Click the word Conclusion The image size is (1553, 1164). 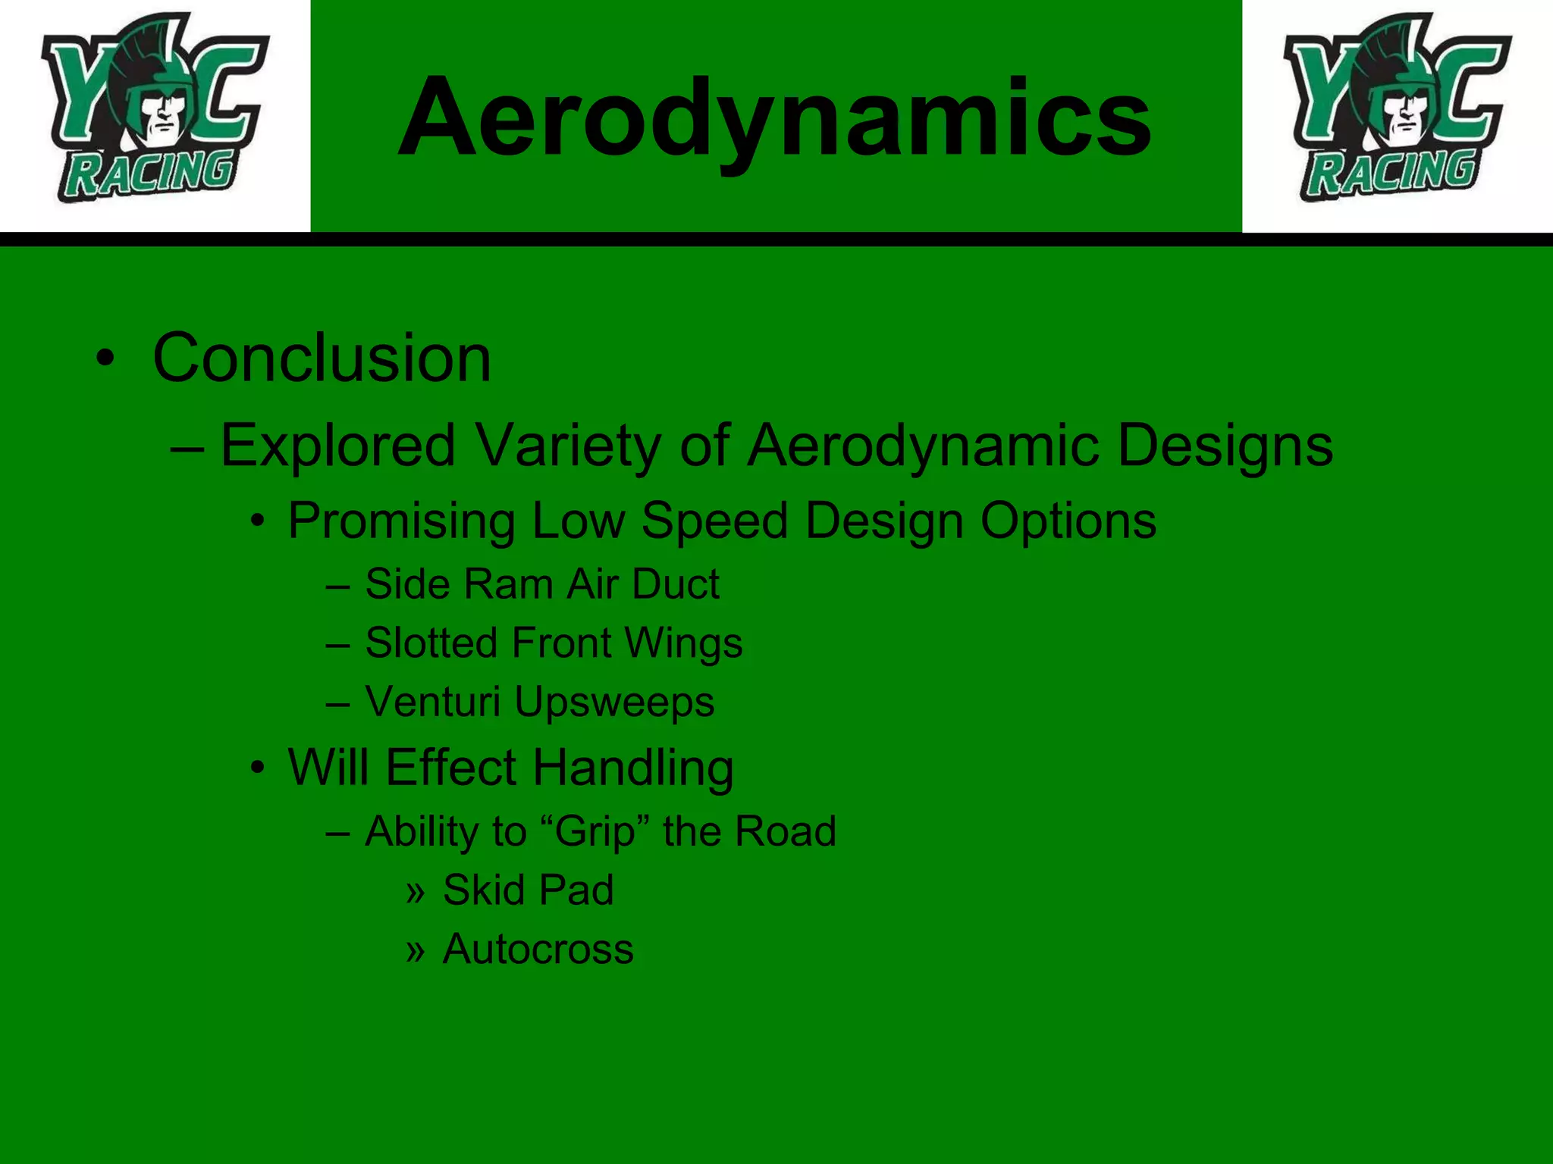point(322,358)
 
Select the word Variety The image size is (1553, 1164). point(568,446)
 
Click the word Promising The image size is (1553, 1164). point(401,521)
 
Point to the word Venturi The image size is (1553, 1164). point(432,702)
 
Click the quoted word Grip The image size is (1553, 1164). point(595,832)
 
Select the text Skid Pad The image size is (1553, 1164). point(528,890)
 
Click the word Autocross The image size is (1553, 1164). point(538,949)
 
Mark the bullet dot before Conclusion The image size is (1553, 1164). point(105,358)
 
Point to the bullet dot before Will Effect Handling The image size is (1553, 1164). point(259,768)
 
